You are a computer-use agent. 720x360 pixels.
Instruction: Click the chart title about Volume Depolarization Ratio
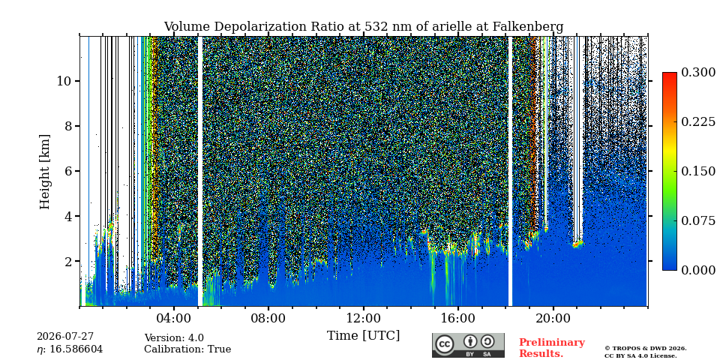pyautogui.click(x=364, y=27)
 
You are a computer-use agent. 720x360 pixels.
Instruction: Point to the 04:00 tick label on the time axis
pyautogui.click(x=174, y=318)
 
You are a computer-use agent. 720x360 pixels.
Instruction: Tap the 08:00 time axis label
pyautogui.click(x=268, y=318)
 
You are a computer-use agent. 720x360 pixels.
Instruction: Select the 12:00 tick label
pyautogui.click(x=363, y=318)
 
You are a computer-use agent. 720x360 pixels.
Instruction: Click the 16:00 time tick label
pyautogui.click(x=457, y=318)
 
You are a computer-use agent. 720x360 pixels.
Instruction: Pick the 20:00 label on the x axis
pyautogui.click(x=553, y=318)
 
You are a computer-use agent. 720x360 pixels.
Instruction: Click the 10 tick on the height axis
pyautogui.click(x=63, y=81)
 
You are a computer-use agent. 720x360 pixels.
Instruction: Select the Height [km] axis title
pyautogui.click(x=44, y=172)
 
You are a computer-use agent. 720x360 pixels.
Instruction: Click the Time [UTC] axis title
pyautogui.click(x=363, y=336)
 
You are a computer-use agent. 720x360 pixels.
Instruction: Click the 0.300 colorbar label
pyautogui.click(x=698, y=73)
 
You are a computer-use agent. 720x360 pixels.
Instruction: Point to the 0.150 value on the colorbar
pyautogui.click(x=698, y=171)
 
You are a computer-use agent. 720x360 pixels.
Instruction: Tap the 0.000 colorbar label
pyautogui.click(x=698, y=270)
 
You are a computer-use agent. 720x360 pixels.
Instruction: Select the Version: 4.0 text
pyautogui.click(x=174, y=338)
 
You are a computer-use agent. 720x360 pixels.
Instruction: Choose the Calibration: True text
pyautogui.click(x=187, y=349)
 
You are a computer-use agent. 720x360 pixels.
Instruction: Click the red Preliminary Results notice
pyautogui.click(x=552, y=348)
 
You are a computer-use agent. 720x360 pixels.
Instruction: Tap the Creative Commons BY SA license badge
pyautogui.click(x=468, y=345)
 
